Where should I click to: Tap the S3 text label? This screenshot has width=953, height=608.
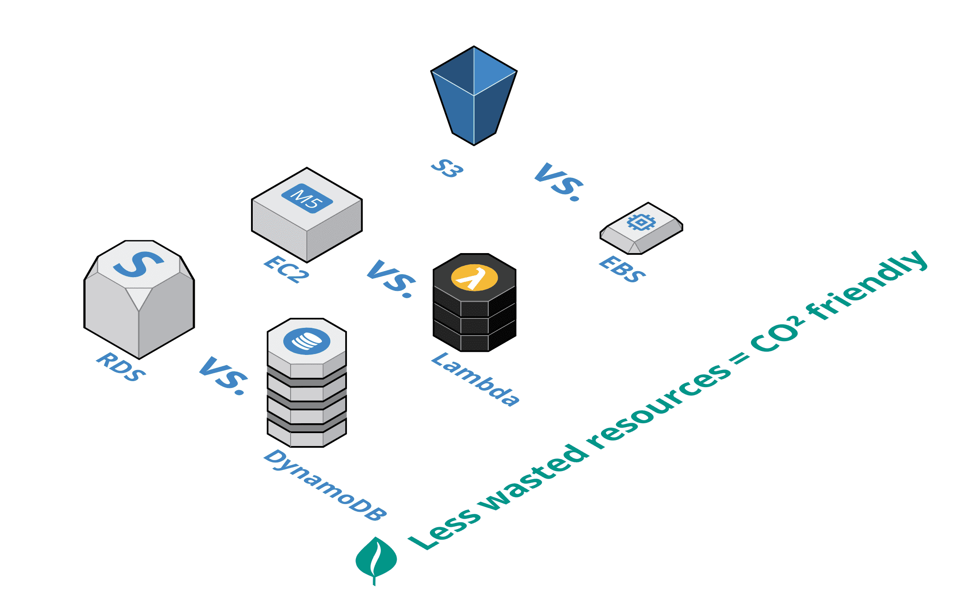point(447,168)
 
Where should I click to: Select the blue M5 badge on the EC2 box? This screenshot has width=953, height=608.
point(307,198)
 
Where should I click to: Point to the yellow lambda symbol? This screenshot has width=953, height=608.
point(474,278)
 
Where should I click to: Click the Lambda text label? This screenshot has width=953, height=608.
point(475,379)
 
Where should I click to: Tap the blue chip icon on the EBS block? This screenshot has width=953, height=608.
point(641,222)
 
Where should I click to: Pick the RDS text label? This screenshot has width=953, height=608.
point(121,367)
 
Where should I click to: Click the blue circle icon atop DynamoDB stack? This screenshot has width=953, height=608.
point(306,341)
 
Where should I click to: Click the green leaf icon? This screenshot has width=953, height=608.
point(376,559)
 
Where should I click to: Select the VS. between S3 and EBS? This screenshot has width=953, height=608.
point(559,182)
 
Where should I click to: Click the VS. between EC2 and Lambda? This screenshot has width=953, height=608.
point(392,278)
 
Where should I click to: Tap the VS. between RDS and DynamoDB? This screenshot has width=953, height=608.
point(224,375)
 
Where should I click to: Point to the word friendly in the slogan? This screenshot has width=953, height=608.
point(866,286)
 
